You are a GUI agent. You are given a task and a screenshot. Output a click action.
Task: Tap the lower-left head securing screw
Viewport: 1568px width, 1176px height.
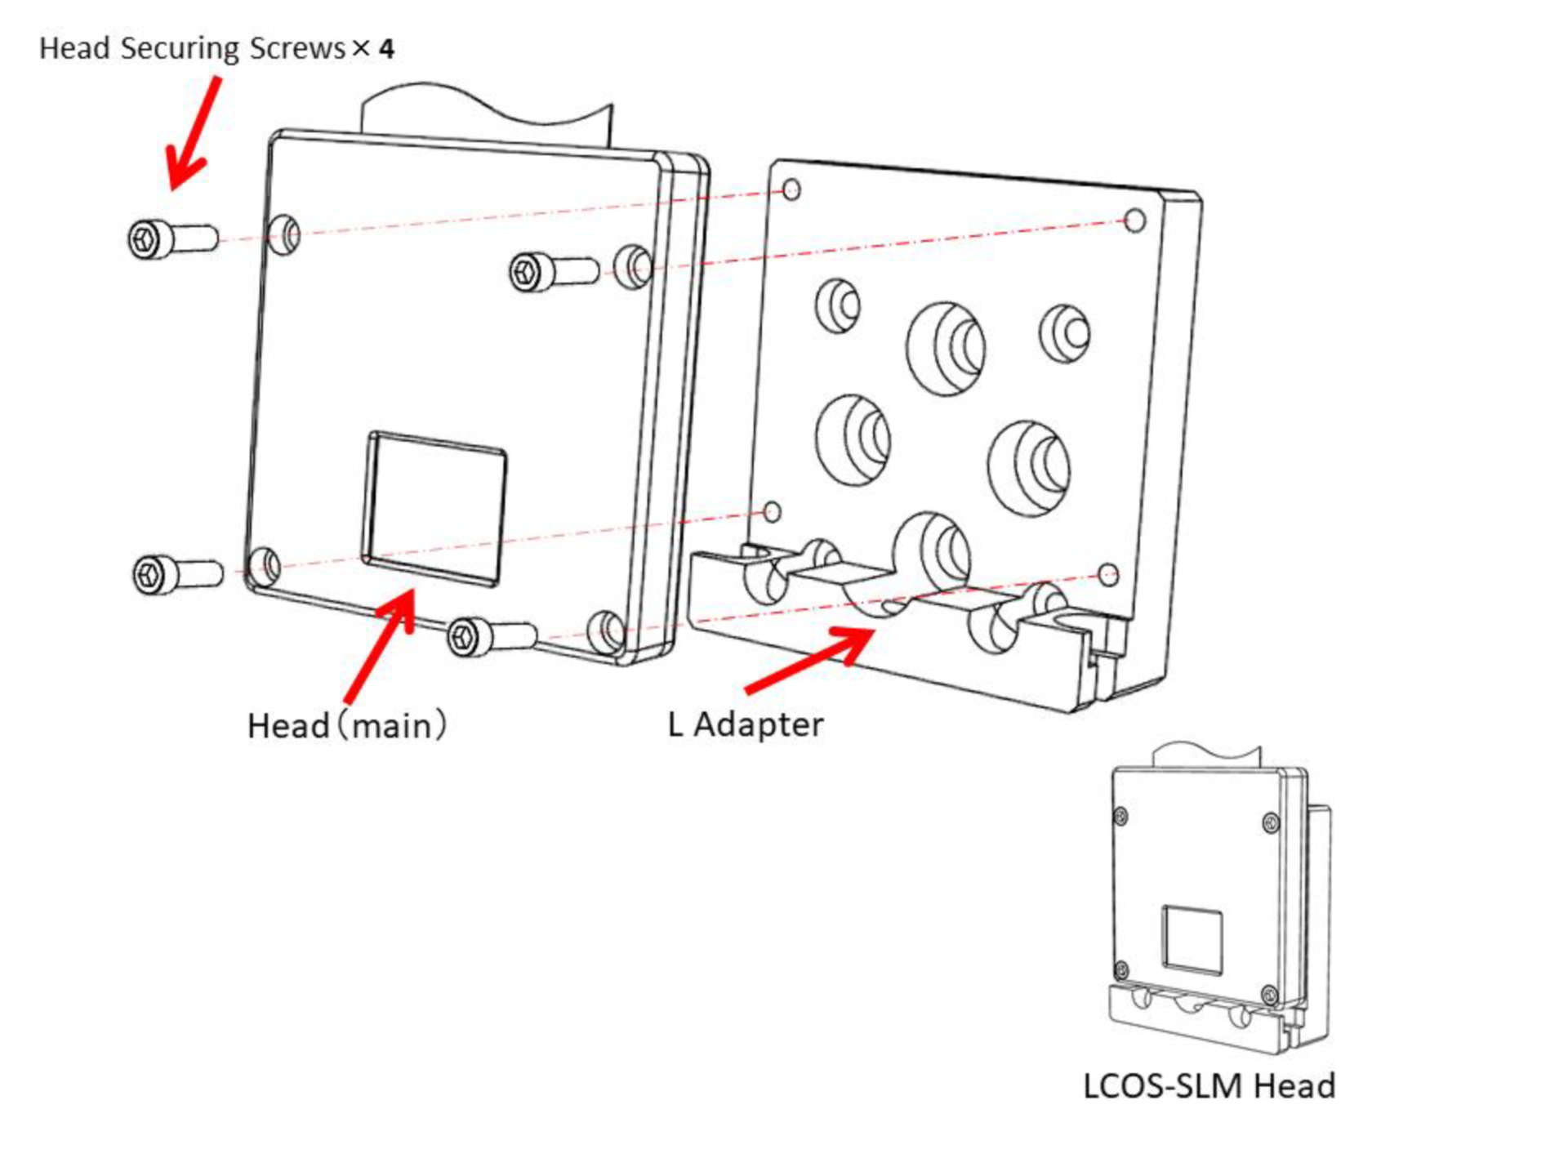pos(175,573)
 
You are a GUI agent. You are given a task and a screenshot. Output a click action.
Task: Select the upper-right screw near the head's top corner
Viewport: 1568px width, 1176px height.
pos(554,270)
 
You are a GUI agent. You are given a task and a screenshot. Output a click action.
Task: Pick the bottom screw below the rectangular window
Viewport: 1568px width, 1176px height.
pos(490,635)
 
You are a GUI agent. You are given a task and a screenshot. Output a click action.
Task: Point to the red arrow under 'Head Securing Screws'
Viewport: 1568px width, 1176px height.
pos(193,135)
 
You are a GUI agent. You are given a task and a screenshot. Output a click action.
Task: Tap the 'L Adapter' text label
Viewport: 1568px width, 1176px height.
pos(745,724)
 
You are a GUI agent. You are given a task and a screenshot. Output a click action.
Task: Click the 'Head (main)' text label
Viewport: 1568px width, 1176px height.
pos(347,725)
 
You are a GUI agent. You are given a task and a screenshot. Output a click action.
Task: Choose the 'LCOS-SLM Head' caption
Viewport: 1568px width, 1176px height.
pos(1209,1086)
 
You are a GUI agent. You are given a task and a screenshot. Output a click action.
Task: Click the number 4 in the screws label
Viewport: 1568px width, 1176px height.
pos(387,49)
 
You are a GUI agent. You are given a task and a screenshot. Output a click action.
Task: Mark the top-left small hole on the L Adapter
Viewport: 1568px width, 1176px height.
pos(791,190)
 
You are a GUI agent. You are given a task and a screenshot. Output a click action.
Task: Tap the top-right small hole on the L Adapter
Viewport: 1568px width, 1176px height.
pos(1134,220)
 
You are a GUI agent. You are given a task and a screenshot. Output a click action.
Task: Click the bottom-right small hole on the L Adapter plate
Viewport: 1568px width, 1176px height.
pos(1108,574)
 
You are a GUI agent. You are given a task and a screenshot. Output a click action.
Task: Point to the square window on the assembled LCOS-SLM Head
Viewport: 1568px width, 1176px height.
pos(1192,939)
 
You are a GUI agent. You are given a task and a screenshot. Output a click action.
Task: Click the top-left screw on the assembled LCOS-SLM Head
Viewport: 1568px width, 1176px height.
pos(1121,816)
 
